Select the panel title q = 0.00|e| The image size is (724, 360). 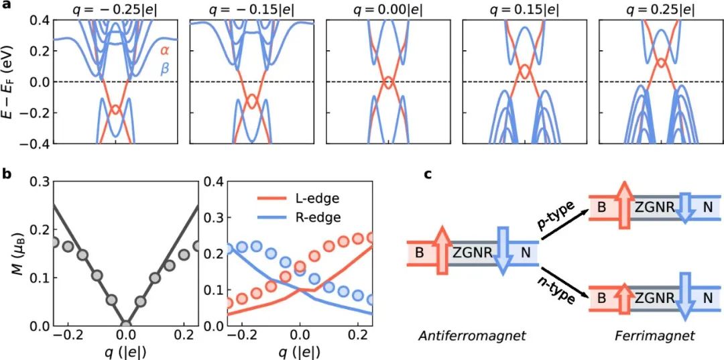389,9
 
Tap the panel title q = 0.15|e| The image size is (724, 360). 526,9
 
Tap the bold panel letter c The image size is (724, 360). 429,174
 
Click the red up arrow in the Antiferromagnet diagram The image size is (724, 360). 442,251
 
